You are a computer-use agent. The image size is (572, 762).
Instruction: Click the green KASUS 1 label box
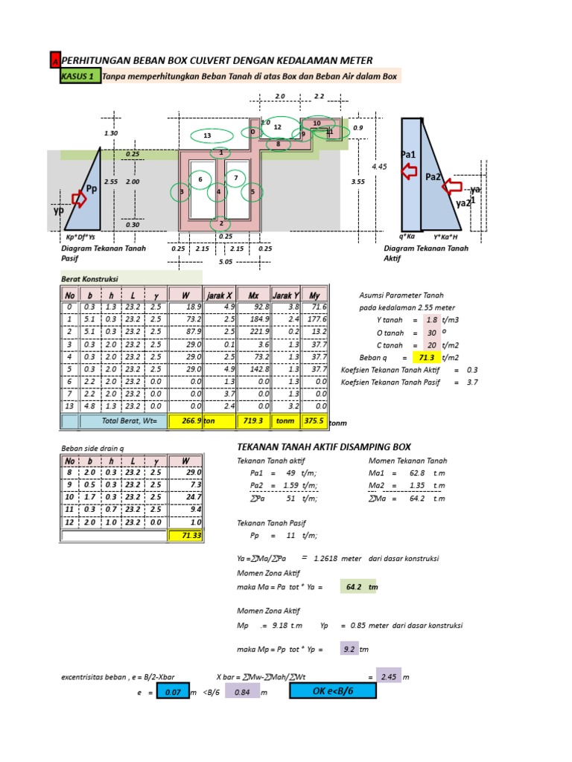click(80, 76)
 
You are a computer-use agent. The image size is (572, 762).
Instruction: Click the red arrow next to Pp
click(78, 198)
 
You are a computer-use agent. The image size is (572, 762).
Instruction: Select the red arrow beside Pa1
click(408, 173)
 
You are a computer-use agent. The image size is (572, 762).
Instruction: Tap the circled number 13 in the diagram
click(208, 135)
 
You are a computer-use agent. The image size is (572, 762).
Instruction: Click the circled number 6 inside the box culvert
click(200, 179)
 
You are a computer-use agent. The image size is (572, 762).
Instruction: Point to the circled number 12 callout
click(277, 127)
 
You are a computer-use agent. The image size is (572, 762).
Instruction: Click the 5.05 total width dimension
click(225, 262)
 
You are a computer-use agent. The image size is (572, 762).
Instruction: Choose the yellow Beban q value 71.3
click(433, 358)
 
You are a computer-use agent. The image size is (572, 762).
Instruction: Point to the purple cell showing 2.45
click(387, 676)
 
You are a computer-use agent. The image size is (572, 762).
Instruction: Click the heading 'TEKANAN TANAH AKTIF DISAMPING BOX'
click(323, 447)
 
